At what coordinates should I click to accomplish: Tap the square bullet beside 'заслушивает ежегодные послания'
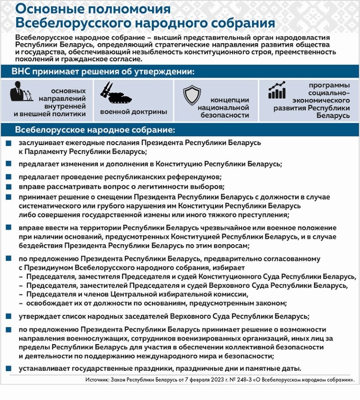pyautogui.click(x=9, y=143)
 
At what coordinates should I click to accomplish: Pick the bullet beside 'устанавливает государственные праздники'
pyautogui.click(x=9, y=368)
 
